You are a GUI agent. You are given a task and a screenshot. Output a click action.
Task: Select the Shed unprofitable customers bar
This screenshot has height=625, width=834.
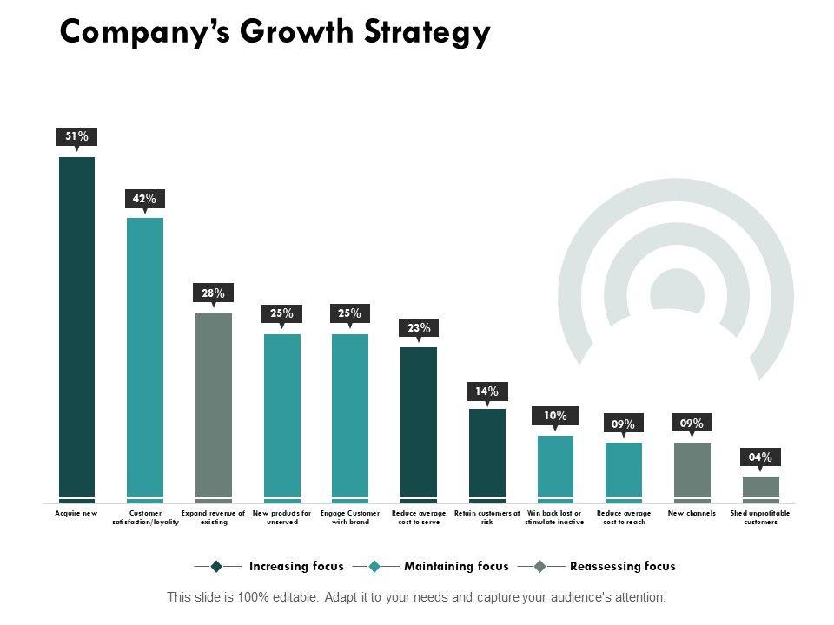[761, 488]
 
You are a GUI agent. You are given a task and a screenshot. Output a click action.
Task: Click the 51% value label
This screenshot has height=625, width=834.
[76, 136]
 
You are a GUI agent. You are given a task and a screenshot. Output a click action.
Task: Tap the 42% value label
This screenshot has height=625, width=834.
[145, 199]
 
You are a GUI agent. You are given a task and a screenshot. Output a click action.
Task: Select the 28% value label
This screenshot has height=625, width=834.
[214, 293]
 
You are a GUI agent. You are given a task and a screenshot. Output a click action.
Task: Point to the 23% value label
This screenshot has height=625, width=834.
[419, 328]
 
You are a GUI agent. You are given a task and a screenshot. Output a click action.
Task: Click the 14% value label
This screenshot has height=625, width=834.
[487, 391]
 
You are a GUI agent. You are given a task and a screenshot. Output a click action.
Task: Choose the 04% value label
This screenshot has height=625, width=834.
[761, 457]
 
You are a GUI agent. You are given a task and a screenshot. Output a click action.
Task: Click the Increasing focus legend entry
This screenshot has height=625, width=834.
[296, 567]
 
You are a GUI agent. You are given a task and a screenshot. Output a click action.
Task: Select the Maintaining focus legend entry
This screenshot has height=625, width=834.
[456, 567]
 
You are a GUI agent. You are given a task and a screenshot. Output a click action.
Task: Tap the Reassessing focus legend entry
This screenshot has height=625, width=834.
[622, 567]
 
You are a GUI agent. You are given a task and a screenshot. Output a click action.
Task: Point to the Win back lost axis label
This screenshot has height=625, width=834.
[555, 518]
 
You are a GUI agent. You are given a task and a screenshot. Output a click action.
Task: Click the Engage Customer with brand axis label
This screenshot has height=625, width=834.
[350, 518]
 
